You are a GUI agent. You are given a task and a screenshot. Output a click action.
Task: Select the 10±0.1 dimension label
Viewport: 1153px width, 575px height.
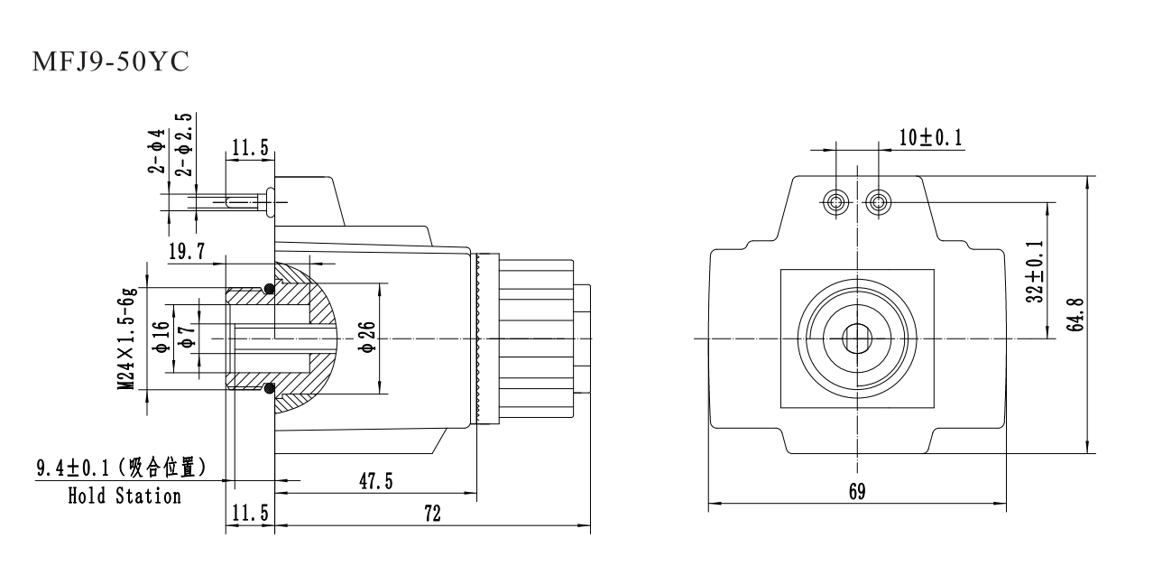pos(930,137)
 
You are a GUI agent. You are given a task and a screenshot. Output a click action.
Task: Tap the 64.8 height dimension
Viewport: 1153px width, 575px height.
pos(1075,312)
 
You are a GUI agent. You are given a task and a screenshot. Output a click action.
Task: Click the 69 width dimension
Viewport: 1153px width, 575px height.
pos(856,492)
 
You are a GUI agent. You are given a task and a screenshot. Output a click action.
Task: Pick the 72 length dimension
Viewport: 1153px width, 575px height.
pos(432,514)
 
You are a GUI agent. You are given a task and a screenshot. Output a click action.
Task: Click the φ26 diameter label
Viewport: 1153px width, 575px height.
pos(366,338)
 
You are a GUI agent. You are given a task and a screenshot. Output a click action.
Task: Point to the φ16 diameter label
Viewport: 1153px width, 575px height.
pos(161,338)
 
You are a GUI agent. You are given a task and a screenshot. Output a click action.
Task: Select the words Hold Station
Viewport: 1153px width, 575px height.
pos(125,496)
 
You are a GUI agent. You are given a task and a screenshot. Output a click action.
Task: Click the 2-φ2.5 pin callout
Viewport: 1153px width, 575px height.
pos(184,144)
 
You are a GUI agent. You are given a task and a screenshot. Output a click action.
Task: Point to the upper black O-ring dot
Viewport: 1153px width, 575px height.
pos(269,289)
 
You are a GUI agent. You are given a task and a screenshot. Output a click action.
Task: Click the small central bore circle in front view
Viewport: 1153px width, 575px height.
pos(856,339)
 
